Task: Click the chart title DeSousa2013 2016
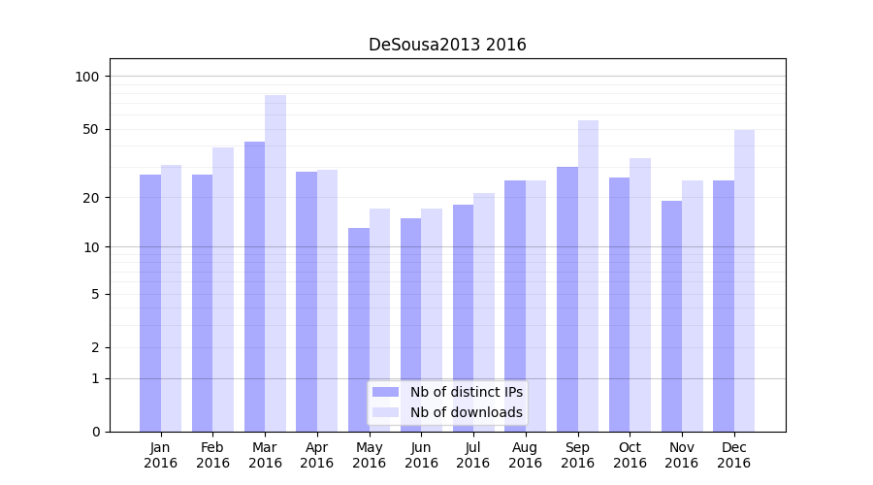tap(447, 45)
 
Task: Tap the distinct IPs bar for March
tap(254, 286)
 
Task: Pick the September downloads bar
tap(588, 275)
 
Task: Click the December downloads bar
tap(744, 280)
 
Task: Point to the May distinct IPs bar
tap(359, 330)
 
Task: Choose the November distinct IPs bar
tap(671, 316)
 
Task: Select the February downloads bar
tap(223, 289)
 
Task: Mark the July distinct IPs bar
tap(463, 318)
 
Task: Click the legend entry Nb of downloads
tap(466, 412)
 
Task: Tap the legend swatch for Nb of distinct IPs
tap(385, 392)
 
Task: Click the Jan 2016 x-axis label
tap(160, 455)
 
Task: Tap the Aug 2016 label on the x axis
tap(525, 455)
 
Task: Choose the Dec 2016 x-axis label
tap(733, 455)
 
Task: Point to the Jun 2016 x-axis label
tap(421, 455)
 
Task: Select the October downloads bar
tap(640, 295)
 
